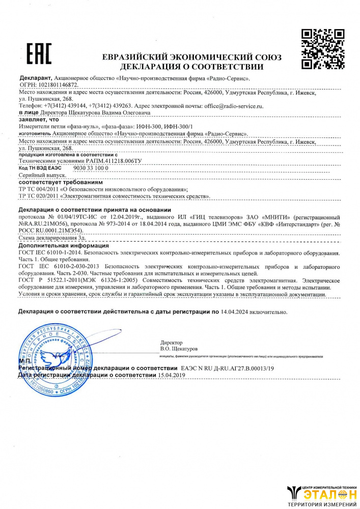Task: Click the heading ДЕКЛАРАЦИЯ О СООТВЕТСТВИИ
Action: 192,67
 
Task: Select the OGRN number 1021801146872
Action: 57,86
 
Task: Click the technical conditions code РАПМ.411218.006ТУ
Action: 113,160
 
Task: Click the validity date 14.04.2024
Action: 236,311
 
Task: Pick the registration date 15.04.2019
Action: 172,375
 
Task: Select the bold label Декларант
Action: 34,79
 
